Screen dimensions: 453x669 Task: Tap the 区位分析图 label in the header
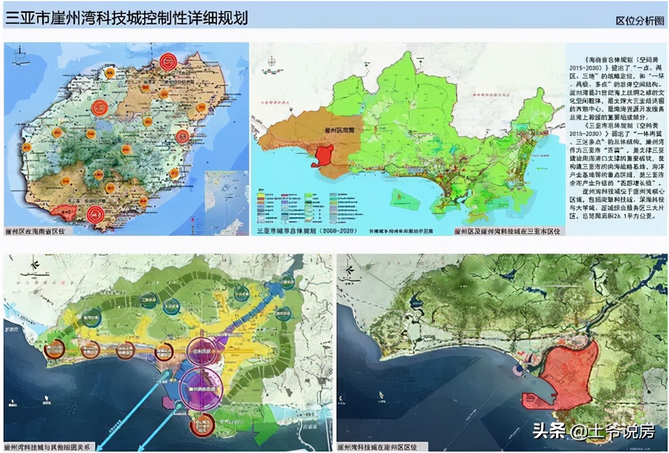639,21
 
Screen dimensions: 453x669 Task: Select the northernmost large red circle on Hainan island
168,61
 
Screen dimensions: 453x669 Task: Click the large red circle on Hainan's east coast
183,137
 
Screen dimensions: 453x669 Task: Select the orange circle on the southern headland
202,424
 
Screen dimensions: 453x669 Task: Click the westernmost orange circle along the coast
54,350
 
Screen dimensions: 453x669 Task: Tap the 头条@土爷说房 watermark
593,431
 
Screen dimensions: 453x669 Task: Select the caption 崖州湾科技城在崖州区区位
382,447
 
